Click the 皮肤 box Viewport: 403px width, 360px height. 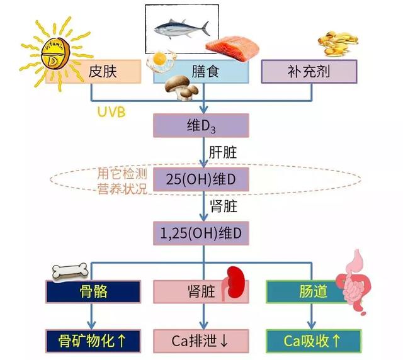pos(93,72)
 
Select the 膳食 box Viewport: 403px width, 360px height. pos(201,72)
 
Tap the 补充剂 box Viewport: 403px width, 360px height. pos(309,72)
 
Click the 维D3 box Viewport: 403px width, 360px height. pos(201,125)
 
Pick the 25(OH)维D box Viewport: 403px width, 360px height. pos(201,179)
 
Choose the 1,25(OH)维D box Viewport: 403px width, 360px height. pos(201,233)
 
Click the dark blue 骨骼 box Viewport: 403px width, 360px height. pos(93,291)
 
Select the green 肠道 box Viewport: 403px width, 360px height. pos(309,291)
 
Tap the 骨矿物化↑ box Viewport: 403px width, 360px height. pos(93,341)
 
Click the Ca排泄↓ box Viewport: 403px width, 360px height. pos(201,341)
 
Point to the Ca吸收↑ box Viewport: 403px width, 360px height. pos(314,341)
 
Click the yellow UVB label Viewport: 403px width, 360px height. pos(111,112)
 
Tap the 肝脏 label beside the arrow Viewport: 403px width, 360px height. pos(223,152)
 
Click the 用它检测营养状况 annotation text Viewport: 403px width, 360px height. pos(122,181)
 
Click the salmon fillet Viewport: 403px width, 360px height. pos(232,48)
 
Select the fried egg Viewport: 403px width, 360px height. pos(161,60)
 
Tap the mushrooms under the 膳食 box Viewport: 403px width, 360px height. pos(181,87)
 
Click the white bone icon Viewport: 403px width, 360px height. pos(70,271)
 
